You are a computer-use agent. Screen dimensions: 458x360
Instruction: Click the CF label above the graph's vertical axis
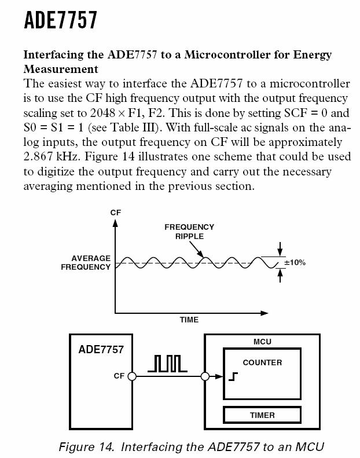115,212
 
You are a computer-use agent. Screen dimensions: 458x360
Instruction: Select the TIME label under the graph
189,320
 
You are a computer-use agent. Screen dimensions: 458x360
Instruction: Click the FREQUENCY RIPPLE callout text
189,232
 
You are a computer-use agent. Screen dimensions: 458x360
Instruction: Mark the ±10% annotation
295,263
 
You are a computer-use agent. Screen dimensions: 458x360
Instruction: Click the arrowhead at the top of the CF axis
115,223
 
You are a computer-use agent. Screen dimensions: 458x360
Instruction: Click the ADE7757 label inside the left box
101,350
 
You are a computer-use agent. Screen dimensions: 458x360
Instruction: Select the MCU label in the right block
262,342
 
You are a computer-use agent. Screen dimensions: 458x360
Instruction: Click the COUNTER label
262,362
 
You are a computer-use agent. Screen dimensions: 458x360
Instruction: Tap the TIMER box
262,415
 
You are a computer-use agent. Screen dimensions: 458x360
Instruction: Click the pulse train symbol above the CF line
167,363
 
